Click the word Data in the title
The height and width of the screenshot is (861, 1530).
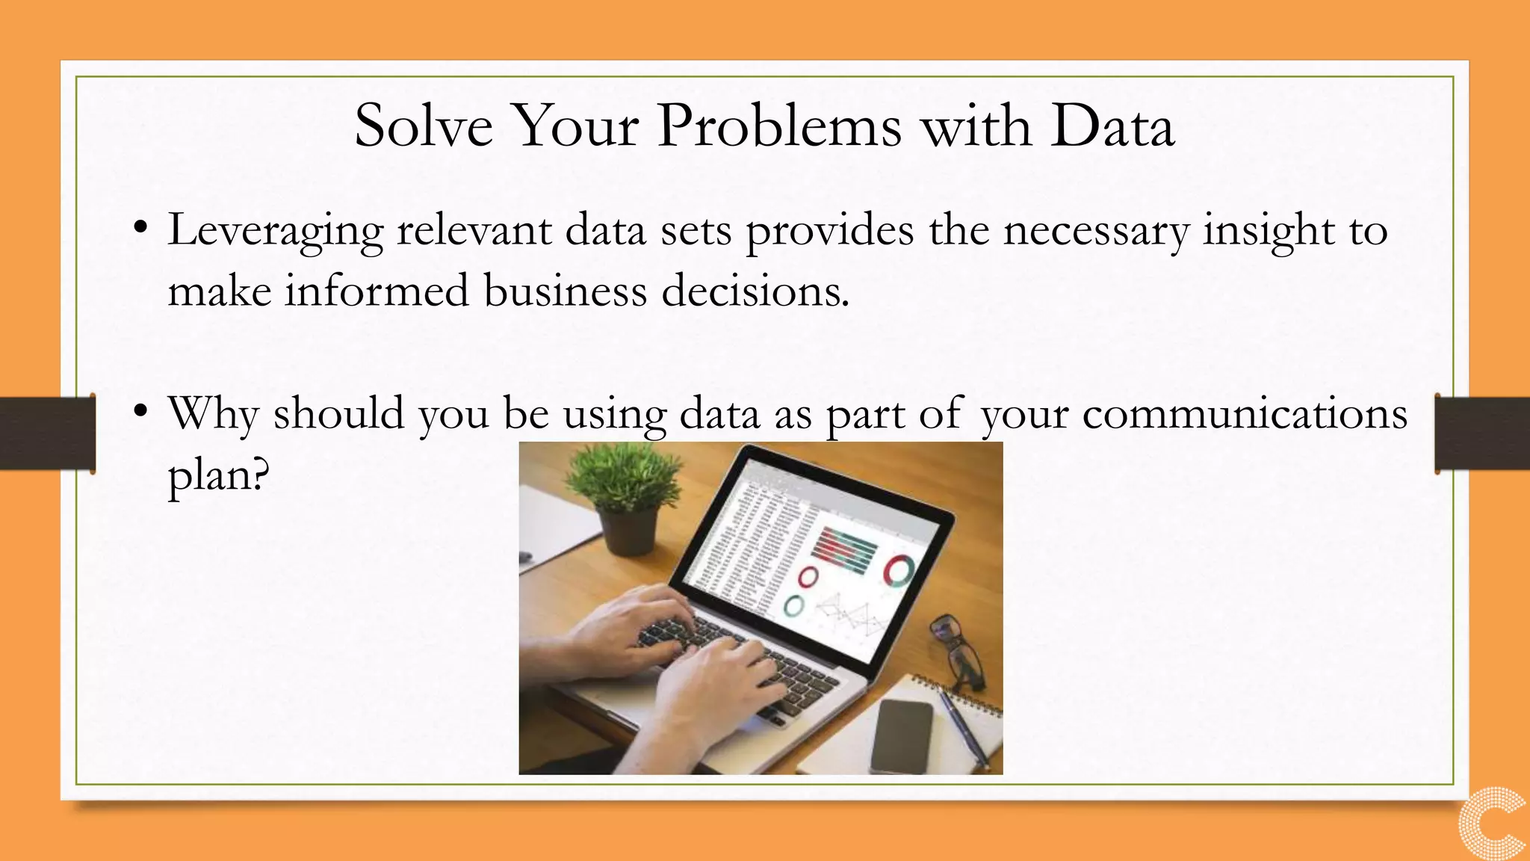click(x=1112, y=126)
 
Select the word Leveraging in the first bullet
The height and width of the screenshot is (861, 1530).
click(x=276, y=232)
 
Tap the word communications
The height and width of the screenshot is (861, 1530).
click(x=1245, y=413)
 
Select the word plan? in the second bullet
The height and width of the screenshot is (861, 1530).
click(x=217, y=475)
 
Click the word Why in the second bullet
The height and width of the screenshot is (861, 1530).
click(x=213, y=413)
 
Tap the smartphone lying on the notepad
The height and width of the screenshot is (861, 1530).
click(x=902, y=736)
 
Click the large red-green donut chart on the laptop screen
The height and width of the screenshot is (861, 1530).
click(x=898, y=572)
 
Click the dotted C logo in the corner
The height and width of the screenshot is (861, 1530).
click(x=1493, y=822)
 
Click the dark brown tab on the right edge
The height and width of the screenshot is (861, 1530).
click(x=1482, y=433)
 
